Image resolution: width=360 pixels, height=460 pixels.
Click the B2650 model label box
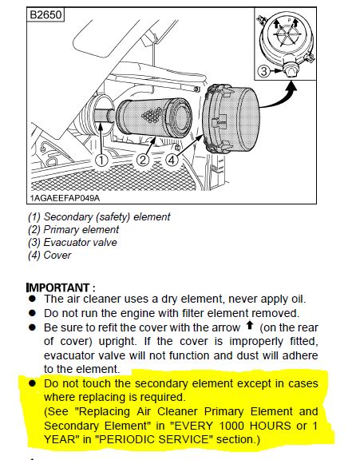pos(45,14)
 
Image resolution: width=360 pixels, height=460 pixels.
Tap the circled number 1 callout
pos(101,161)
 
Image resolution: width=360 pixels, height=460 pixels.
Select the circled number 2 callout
pos(143,161)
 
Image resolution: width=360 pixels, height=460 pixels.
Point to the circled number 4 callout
pos(172,161)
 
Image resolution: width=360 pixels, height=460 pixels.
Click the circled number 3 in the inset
pos(264,71)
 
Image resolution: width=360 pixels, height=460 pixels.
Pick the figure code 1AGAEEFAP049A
pos(65,198)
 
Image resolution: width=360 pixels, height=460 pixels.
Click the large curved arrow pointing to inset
pos(282,98)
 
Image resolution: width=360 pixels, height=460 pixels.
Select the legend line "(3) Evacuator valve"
pos(73,242)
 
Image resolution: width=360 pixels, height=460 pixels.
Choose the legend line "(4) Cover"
pos(49,256)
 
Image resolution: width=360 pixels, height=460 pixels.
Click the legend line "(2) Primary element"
pos(73,229)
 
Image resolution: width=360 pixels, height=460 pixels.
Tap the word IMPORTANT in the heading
pos(58,287)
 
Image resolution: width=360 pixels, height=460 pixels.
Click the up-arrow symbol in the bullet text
pos(250,325)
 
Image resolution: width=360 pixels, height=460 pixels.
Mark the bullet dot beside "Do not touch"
pos(32,383)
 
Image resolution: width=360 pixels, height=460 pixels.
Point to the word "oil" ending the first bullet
pos(298,299)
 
